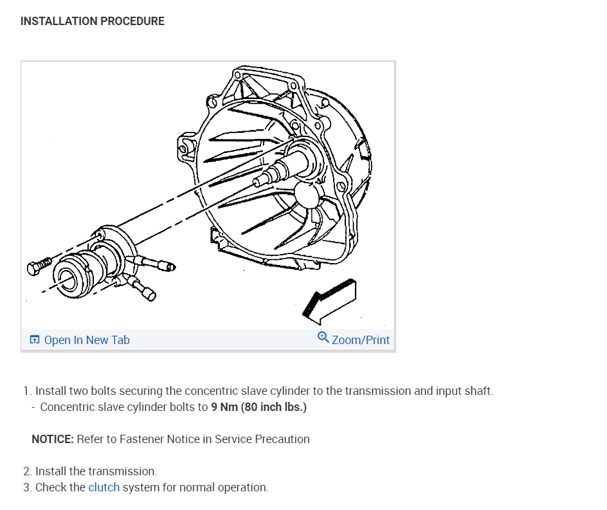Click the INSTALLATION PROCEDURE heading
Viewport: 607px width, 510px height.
(92, 21)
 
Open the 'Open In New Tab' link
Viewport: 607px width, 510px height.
(87, 340)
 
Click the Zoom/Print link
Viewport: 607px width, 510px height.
(361, 340)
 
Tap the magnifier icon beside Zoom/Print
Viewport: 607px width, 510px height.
(323, 338)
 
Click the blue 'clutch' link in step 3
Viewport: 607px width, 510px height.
(104, 487)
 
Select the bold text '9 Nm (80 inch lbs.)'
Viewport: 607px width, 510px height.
(258, 407)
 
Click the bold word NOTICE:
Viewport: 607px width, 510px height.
(53, 439)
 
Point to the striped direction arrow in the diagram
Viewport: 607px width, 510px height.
(329, 300)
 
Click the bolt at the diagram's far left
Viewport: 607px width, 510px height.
(40, 267)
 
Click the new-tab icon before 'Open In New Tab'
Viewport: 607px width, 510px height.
(35, 340)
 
